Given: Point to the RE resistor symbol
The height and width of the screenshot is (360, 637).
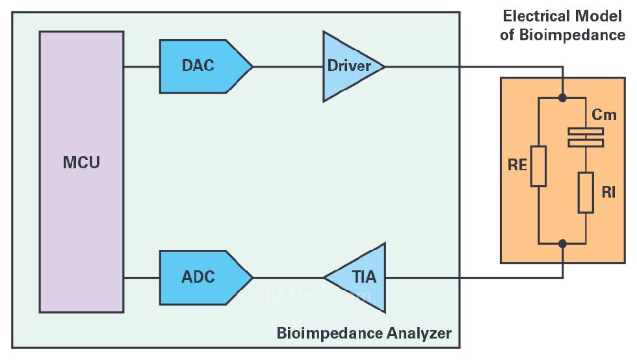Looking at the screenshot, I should [538, 166].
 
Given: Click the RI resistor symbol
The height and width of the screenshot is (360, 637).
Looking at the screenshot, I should [586, 192].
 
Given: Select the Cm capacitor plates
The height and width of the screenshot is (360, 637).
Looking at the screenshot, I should [586, 137].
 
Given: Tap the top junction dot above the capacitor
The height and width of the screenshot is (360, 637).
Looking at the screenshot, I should [563, 98].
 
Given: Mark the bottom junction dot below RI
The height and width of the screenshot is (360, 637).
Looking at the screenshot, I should [563, 244].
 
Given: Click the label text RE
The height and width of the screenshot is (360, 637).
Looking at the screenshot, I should [517, 165].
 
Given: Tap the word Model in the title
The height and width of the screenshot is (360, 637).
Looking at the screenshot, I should [603, 16].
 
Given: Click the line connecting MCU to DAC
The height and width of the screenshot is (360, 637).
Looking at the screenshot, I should [142, 66].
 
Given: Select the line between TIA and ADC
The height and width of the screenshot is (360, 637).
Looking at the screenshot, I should [287, 277].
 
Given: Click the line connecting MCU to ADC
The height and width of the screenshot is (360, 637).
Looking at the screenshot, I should [142, 277].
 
